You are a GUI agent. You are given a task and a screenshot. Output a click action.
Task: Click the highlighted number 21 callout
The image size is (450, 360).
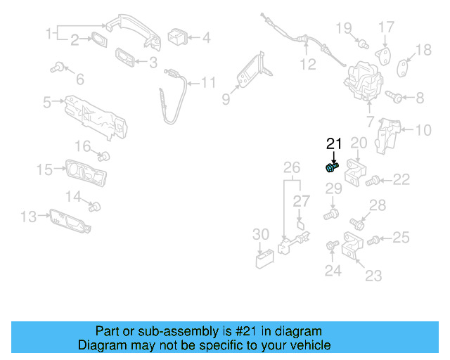(334, 144)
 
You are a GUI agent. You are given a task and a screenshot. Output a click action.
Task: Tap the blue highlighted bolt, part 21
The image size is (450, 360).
(332, 167)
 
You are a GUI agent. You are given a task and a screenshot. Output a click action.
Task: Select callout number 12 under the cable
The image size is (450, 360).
(308, 65)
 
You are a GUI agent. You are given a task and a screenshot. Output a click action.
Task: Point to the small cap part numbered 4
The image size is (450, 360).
(176, 36)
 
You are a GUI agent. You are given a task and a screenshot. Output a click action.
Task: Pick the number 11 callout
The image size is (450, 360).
(208, 83)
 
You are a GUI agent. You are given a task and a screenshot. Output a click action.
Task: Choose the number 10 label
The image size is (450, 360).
(423, 130)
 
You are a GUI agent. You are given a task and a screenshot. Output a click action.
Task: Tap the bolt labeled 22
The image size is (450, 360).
(374, 181)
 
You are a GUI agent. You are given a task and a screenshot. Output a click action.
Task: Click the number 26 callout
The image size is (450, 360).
(291, 167)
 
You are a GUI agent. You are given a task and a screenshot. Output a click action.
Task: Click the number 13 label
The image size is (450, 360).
(28, 217)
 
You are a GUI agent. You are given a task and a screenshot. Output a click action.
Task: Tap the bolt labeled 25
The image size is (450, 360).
(374, 240)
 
